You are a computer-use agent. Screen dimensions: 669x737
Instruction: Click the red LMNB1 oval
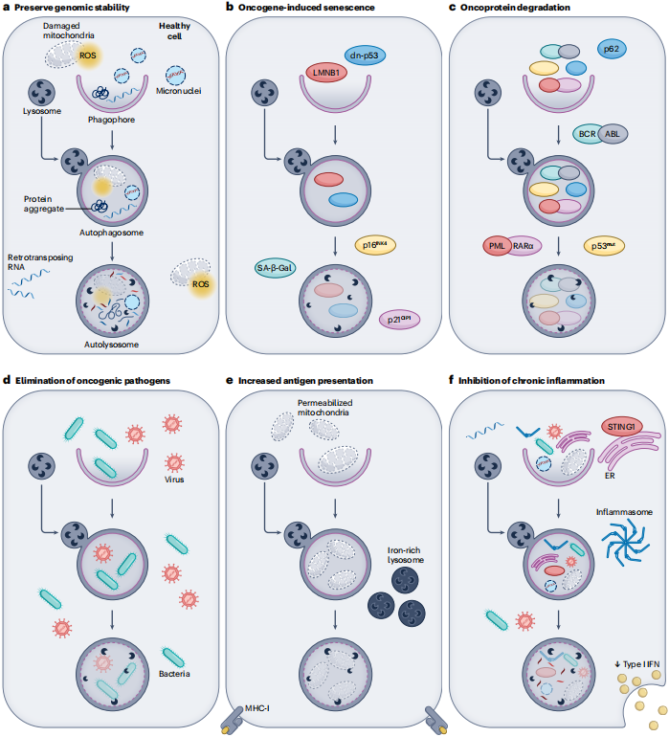click(326, 73)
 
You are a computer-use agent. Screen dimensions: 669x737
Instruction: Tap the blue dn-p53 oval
click(365, 56)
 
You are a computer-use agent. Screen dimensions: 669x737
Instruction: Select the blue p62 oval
click(612, 49)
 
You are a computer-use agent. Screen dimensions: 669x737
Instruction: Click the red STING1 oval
click(621, 427)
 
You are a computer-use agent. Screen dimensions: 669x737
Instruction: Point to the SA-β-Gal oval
click(275, 268)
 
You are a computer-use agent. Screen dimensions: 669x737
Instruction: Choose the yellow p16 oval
click(374, 245)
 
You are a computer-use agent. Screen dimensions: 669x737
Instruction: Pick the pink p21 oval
click(399, 320)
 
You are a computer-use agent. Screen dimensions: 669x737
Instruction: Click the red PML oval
click(497, 246)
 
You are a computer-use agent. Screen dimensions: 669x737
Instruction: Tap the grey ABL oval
click(613, 134)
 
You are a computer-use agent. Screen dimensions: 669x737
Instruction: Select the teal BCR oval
click(587, 134)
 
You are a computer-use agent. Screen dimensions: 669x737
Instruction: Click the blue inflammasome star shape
click(626, 543)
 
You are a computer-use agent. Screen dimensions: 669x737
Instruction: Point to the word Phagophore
click(111, 120)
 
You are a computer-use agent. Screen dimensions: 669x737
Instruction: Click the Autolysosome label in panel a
click(111, 345)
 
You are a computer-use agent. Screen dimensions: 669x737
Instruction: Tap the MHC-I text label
click(257, 708)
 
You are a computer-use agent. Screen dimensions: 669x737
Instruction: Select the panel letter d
click(7, 380)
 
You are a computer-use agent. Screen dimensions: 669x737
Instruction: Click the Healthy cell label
click(174, 31)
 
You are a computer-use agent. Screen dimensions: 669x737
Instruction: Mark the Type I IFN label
click(637, 664)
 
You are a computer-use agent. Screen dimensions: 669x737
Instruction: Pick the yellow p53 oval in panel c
click(604, 246)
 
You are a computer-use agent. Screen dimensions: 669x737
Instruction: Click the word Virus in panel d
click(174, 480)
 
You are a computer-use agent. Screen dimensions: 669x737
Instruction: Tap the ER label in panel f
click(610, 476)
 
